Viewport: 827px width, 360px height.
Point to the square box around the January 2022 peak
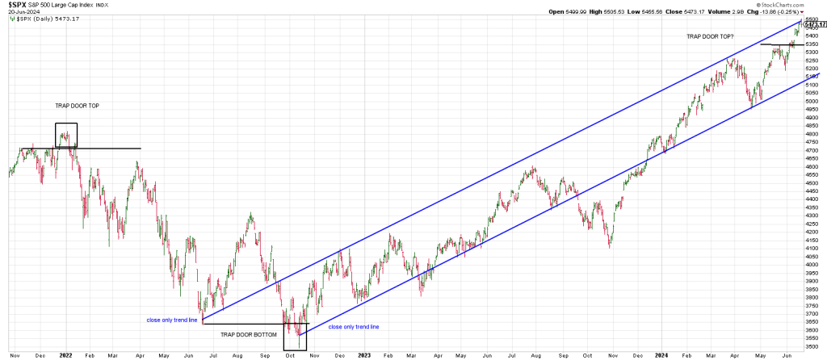coord(65,134)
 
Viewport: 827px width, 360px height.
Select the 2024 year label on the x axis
coord(662,354)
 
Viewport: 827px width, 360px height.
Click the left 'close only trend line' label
coord(173,320)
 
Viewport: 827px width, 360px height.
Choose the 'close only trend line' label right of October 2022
coord(354,326)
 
